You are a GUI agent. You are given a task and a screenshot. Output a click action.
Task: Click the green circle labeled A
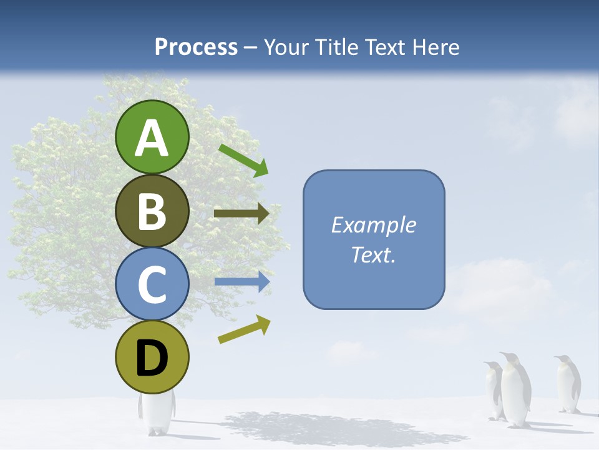[x=152, y=137]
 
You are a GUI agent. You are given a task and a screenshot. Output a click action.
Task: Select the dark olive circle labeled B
[x=152, y=211]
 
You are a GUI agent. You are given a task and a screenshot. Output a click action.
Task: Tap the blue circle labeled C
[x=152, y=284]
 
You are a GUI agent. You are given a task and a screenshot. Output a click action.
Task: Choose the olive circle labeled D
[x=152, y=357]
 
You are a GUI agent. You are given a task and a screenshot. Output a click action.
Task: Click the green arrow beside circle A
[x=244, y=160]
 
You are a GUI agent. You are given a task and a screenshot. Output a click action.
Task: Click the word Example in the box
[x=373, y=225]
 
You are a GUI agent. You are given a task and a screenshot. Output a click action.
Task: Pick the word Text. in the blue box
[x=373, y=254]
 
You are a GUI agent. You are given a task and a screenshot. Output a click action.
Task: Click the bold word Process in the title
[x=196, y=47]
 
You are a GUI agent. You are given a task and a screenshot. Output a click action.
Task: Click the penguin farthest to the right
[x=567, y=384]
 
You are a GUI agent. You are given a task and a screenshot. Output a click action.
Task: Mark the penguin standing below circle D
[x=155, y=412]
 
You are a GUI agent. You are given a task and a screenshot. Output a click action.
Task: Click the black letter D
[x=152, y=359]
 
